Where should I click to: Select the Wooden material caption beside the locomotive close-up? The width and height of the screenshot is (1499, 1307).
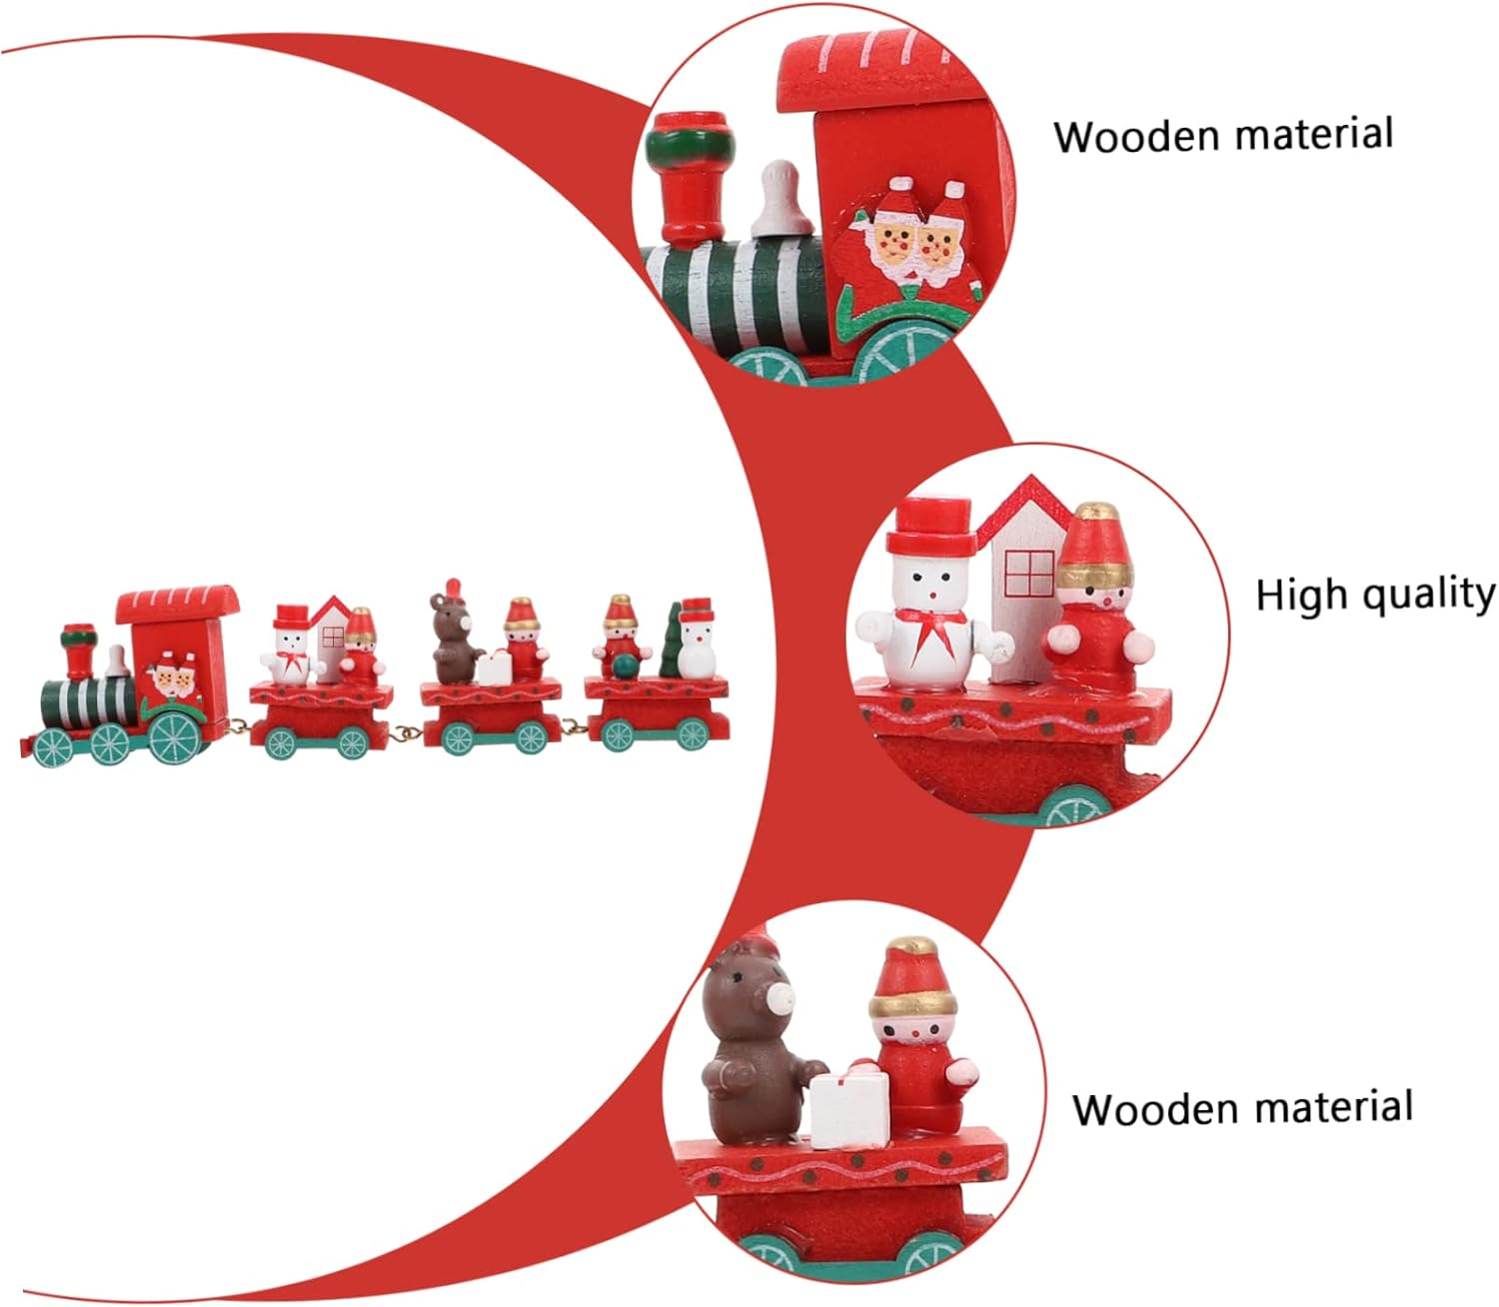click(1223, 135)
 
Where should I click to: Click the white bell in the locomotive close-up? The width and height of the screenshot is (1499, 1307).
click(782, 199)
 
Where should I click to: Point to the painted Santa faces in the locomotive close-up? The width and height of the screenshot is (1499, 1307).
click(914, 240)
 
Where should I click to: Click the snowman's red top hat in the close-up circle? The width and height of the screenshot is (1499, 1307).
click(932, 528)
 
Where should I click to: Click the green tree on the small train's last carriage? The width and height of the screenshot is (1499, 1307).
click(672, 640)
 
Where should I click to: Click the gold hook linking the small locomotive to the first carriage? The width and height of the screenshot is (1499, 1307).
click(236, 726)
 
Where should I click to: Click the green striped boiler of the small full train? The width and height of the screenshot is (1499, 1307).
click(88, 701)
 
